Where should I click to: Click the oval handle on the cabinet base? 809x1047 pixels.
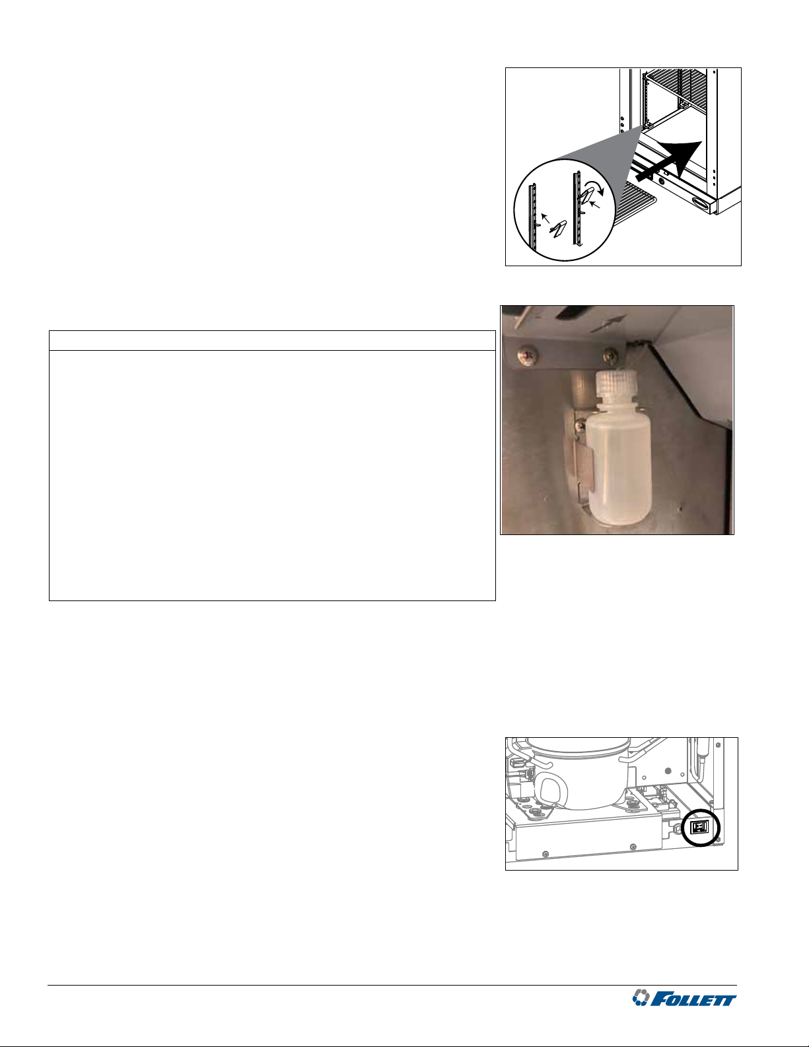pyautogui.click(x=701, y=204)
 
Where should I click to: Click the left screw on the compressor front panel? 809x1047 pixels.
pyautogui.click(x=545, y=854)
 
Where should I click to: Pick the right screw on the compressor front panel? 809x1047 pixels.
pyautogui.click(x=633, y=847)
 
